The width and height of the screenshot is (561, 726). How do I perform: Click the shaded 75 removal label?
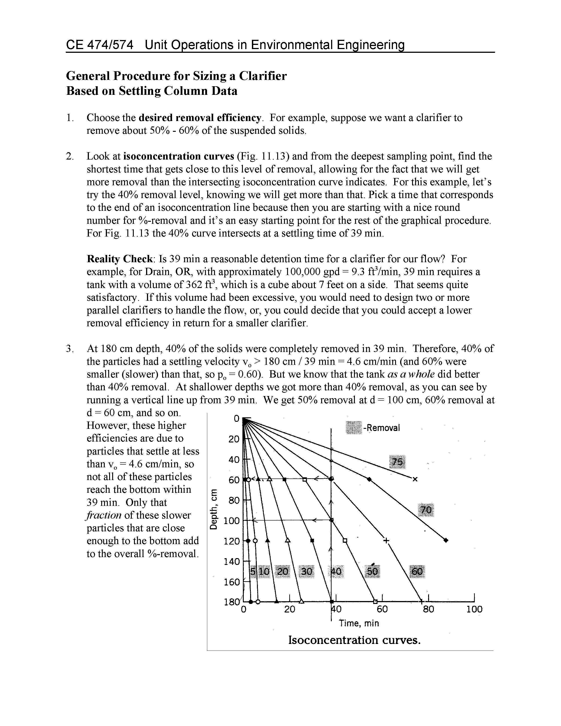coord(397,462)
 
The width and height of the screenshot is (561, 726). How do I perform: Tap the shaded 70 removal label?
coord(426,510)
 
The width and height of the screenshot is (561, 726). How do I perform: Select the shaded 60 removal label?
coord(417,571)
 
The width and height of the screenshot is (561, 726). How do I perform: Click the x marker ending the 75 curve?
coord(415,479)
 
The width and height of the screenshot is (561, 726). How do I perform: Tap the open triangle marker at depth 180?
coord(301,601)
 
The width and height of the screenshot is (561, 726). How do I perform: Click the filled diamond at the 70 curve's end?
coord(446,540)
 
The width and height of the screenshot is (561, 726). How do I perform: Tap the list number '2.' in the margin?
coord(70,156)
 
